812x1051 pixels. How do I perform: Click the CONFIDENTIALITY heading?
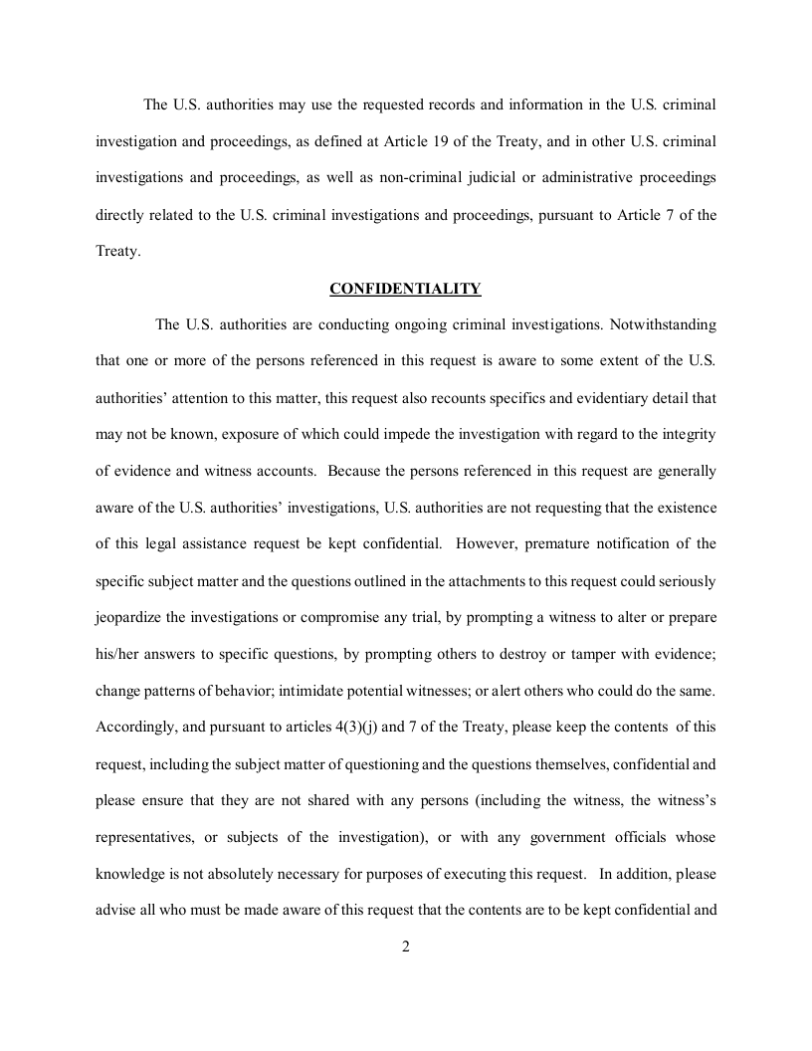(x=405, y=289)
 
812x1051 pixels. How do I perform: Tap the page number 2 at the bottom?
(x=406, y=946)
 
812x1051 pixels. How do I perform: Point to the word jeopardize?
(x=128, y=617)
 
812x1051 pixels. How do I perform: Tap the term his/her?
(x=116, y=654)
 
